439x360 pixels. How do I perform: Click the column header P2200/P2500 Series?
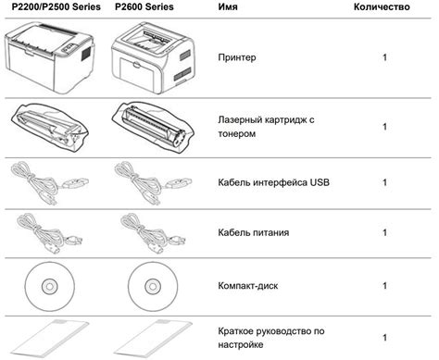pos(56,6)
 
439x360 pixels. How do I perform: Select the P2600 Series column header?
pos(144,6)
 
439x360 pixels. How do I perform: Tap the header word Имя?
pos(228,6)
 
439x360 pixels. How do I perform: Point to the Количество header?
pos(382,6)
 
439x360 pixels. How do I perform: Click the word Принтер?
pos(237,57)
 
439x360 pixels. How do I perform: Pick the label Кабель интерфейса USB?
pos(273,182)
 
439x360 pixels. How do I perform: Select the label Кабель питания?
pos(254,232)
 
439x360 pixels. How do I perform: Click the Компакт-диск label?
pos(248,286)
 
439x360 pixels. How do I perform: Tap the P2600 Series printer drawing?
pos(153,57)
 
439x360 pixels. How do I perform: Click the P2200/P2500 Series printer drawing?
pos(49,57)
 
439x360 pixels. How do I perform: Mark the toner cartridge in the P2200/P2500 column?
pos(49,127)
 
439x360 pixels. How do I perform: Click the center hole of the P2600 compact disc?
pos(153,287)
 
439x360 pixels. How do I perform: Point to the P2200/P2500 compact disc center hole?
pos(49,287)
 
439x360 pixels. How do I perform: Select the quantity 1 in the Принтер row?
pos(384,57)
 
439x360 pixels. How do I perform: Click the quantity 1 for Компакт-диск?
pos(384,286)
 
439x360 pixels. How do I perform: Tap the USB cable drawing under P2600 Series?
pos(153,183)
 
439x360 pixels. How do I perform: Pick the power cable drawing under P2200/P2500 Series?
pos(49,233)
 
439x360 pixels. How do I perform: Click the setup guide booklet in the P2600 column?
pos(153,339)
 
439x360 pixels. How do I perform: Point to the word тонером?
pos(237,134)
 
